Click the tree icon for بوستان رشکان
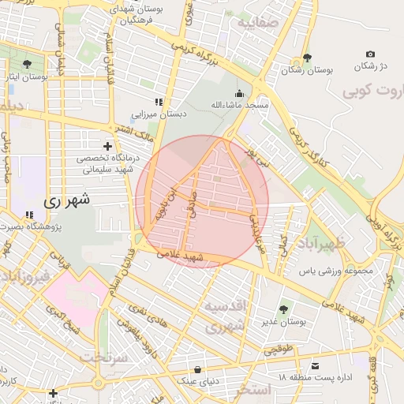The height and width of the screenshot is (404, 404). (x=307, y=58)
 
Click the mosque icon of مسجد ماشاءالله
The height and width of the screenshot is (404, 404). (x=239, y=93)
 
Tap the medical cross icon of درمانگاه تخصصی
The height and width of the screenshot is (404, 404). (x=108, y=146)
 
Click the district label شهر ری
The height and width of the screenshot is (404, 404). (x=67, y=200)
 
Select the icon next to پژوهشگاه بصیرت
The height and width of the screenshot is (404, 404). (x=29, y=215)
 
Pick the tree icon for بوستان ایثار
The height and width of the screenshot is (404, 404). (x=28, y=64)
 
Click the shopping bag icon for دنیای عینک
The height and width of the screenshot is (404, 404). (x=196, y=369)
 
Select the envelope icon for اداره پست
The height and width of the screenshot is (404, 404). (x=316, y=365)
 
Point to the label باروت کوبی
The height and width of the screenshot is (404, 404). (x=372, y=92)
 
